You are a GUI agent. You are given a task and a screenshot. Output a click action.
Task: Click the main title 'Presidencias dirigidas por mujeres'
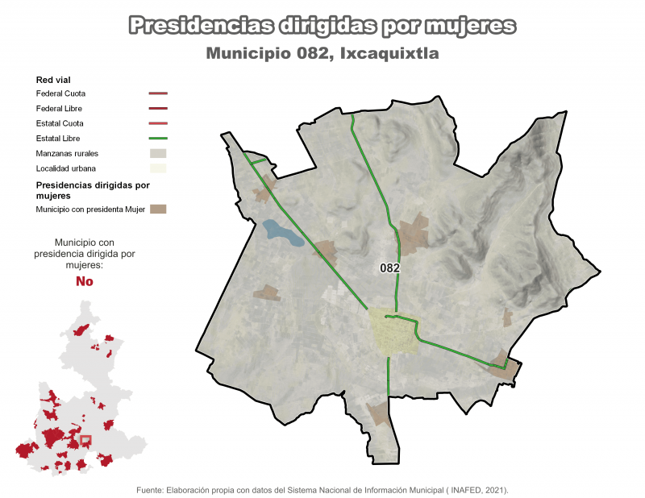coord(322,26)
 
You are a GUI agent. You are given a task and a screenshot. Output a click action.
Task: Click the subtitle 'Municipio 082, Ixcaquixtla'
coord(322,54)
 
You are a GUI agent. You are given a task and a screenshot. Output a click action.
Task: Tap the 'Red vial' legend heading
coord(53,80)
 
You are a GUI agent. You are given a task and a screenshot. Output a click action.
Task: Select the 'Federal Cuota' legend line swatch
coord(158,93)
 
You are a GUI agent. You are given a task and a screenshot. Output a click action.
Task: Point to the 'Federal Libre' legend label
coord(59,108)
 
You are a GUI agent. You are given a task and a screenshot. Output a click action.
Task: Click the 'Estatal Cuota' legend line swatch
coord(158,123)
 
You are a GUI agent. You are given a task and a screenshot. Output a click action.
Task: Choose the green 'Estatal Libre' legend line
coord(158,139)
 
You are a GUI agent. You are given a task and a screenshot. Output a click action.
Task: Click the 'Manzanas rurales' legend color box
coord(158,153)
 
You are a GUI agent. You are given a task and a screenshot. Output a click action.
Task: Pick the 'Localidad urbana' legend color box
coord(158,168)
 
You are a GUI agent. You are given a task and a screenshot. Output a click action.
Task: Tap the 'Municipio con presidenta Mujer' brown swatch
coord(158,210)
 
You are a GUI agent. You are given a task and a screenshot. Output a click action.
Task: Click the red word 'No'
coord(84,281)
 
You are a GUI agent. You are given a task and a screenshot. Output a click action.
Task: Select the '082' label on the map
coord(390,268)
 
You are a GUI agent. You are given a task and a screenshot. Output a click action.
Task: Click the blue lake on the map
coord(282,233)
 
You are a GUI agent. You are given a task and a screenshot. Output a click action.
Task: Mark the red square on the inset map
coord(86,441)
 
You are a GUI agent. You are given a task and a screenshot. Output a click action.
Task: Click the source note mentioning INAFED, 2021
coord(322,489)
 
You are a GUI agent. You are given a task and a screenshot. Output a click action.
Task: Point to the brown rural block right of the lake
coord(326,251)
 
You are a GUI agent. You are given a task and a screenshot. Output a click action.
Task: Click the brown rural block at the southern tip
coord(378,414)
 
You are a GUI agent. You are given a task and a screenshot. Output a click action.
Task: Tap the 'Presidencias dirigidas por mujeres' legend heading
coord(93,189)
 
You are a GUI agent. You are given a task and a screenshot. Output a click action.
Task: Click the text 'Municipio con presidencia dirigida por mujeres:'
coord(84,253)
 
